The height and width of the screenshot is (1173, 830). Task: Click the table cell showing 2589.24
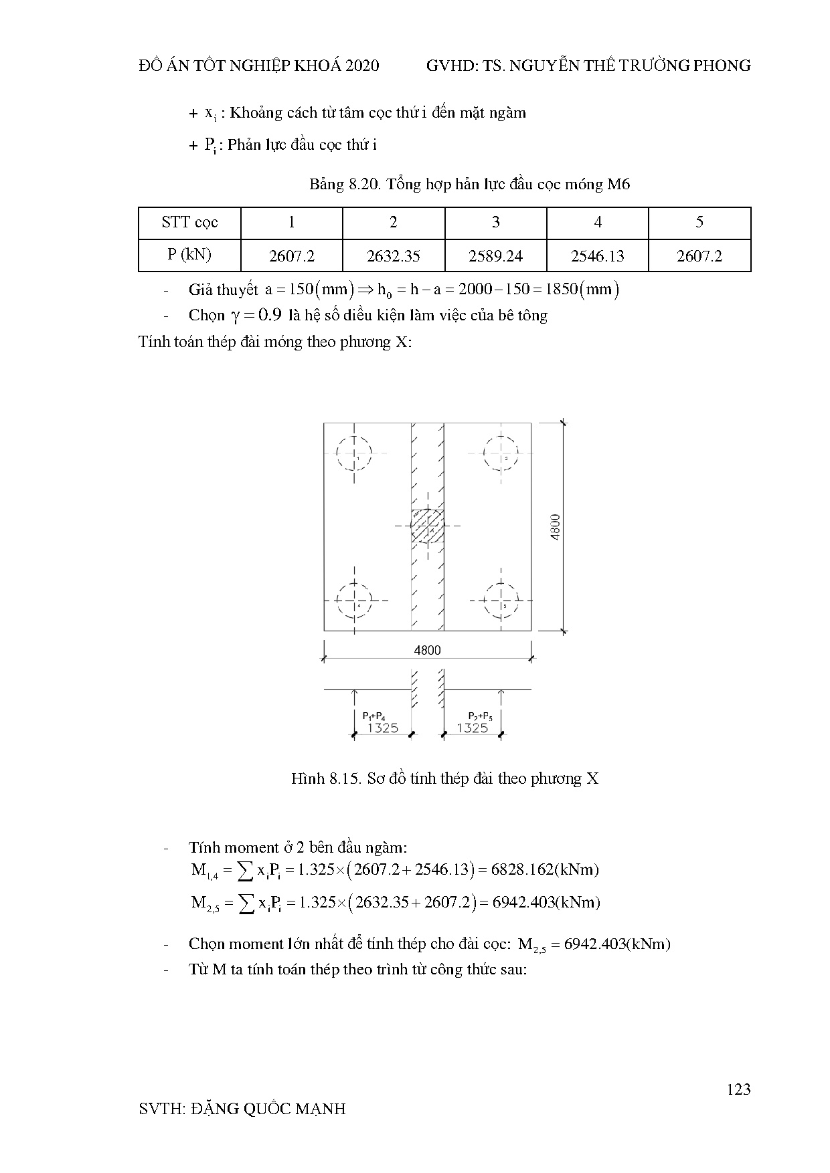pyautogui.click(x=495, y=256)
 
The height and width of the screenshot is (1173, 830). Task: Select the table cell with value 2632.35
pyautogui.click(x=394, y=256)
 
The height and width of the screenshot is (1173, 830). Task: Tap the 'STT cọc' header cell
pyautogui.click(x=189, y=223)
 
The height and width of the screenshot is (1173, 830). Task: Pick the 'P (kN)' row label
pyautogui.click(x=189, y=255)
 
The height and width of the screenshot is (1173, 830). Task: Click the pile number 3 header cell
pyautogui.click(x=495, y=223)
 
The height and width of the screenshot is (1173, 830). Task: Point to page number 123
pyautogui.click(x=738, y=1089)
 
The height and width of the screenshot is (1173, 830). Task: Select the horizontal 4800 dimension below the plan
pyautogui.click(x=427, y=650)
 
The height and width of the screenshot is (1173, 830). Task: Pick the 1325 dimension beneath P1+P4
pyautogui.click(x=382, y=728)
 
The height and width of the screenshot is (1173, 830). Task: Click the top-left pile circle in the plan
pyautogui.click(x=354, y=454)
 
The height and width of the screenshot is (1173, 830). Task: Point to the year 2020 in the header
pyautogui.click(x=362, y=66)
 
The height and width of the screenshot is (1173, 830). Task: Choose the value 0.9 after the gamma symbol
pyautogui.click(x=268, y=315)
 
